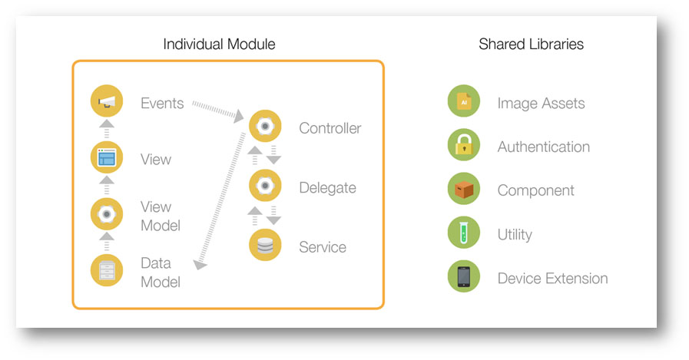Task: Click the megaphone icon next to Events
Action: click(106, 101)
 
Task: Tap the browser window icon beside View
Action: click(106, 159)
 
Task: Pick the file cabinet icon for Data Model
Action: click(106, 270)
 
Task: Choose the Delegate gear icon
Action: click(265, 186)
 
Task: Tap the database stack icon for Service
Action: click(265, 246)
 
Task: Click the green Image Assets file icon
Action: click(464, 101)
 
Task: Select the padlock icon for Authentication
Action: click(464, 145)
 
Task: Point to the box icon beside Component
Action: click(464, 189)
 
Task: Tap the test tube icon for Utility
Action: click(464, 233)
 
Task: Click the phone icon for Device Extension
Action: click(464, 277)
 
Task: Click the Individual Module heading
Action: click(219, 45)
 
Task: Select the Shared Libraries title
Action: click(531, 45)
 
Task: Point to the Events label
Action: click(162, 103)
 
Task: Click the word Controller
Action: click(330, 128)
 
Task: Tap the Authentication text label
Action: click(544, 147)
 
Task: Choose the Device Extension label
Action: click(552, 279)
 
